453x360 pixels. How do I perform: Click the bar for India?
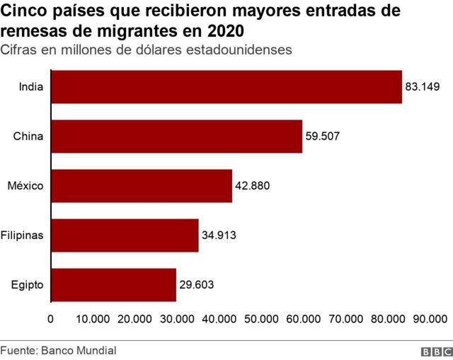(x=226, y=87)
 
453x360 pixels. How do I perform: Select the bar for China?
(x=177, y=137)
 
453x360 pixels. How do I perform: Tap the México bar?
(x=142, y=186)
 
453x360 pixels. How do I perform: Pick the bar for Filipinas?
(x=125, y=236)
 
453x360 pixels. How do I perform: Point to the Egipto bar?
(x=113, y=285)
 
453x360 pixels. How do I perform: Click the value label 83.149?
(x=423, y=87)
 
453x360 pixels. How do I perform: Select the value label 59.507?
(x=323, y=137)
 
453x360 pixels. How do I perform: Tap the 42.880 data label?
(x=253, y=186)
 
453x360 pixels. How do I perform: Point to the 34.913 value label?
(x=219, y=236)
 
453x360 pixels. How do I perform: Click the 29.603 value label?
(x=196, y=285)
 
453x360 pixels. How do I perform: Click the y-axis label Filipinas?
(x=23, y=236)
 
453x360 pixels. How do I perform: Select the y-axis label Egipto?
(x=28, y=285)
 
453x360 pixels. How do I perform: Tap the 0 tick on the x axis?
(x=50, y=319)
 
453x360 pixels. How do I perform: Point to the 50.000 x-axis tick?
(x=261, y=319)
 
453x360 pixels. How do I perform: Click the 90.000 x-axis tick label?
(x=430, y=319)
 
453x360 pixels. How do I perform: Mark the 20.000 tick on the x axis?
(x=134, y=319)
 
